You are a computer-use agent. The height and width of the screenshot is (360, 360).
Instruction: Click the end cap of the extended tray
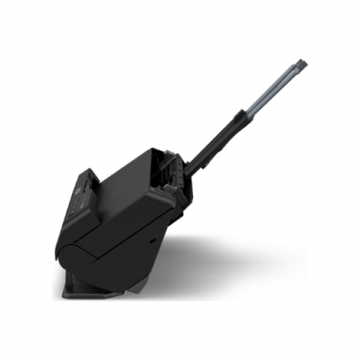pyautogui.click(x=302, y=65)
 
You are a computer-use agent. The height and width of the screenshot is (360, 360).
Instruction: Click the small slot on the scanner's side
pyautogui.click(x=153, y=241)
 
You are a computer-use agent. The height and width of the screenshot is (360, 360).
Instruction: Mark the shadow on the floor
pyautogui.click(x=229, y=262)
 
